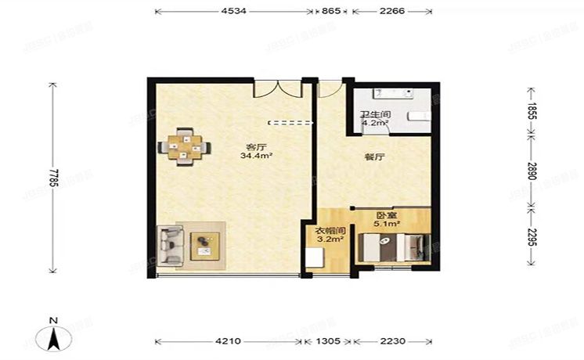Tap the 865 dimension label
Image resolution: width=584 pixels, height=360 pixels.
331,11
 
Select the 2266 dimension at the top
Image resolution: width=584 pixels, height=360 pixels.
391,11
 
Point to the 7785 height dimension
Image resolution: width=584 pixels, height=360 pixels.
52,178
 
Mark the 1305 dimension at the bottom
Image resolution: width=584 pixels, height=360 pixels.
328,341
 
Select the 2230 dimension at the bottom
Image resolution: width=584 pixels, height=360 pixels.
392,341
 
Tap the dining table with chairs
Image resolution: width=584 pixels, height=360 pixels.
185,146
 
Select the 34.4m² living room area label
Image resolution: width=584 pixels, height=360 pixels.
256,156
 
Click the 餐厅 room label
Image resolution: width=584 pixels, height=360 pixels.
374,157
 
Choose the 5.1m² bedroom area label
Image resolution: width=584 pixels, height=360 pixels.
387,224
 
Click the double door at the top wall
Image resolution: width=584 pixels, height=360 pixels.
277,88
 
